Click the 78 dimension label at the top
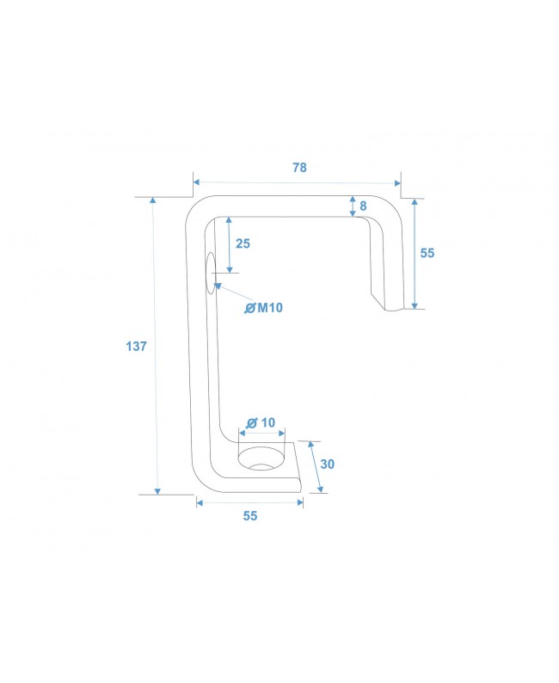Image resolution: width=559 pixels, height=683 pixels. [x=298, y=168]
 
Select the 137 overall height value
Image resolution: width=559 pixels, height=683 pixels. [x=136, y=347]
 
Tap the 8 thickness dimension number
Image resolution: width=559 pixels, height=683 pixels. [x=363, y=206]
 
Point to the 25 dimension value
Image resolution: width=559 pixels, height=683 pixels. [x=243, y=243]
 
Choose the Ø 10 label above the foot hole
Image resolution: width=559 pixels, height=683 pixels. [x=261, y=422]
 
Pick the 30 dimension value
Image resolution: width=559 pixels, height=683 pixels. [x=327, y=464]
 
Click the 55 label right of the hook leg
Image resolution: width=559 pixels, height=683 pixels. [x=427, y=253]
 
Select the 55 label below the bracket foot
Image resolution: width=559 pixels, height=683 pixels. [x=249, y=516]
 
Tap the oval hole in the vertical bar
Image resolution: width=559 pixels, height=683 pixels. [x=209, y=274]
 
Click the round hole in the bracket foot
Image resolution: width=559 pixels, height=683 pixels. [x=262, y=460]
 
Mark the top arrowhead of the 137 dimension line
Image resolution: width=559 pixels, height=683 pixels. [x=154, y=201]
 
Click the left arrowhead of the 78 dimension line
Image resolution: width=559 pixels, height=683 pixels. [x=197, y=182]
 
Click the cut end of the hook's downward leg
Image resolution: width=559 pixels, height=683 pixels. [x=387, y=305]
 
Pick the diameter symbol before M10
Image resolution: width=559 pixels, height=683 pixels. [x=249, y=308]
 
